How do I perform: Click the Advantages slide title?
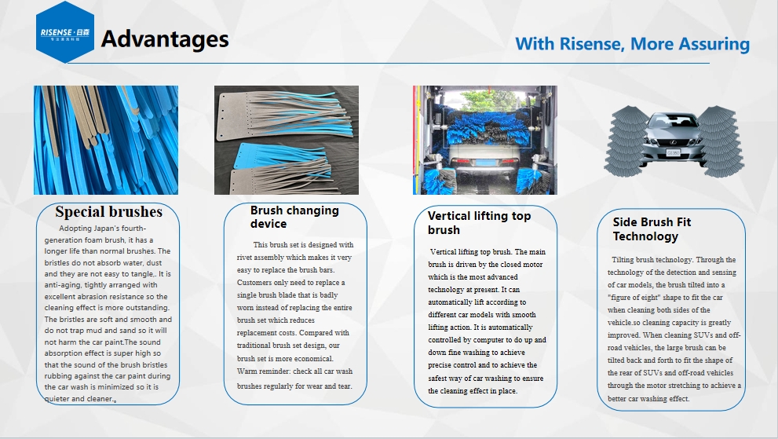(165, 39)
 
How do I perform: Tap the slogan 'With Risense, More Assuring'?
(632, 43)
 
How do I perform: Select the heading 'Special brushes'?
(108, 212)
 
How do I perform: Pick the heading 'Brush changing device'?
(294, 217)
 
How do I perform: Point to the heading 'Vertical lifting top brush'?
(479, 222)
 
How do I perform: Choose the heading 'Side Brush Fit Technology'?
(652, 229)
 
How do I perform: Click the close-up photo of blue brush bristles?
(105, 140)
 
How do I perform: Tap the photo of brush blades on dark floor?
(286, 140)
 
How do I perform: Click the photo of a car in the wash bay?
(484, 140)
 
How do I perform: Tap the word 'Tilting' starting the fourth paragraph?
(624, 260)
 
